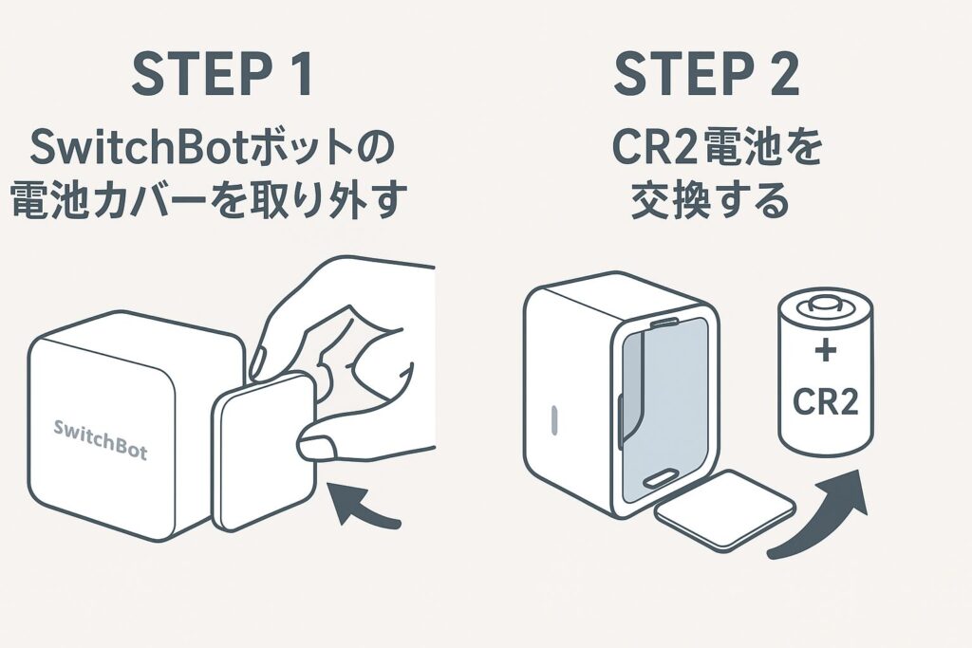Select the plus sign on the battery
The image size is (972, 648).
coord(825,352)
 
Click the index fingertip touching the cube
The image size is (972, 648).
coord(258,359)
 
